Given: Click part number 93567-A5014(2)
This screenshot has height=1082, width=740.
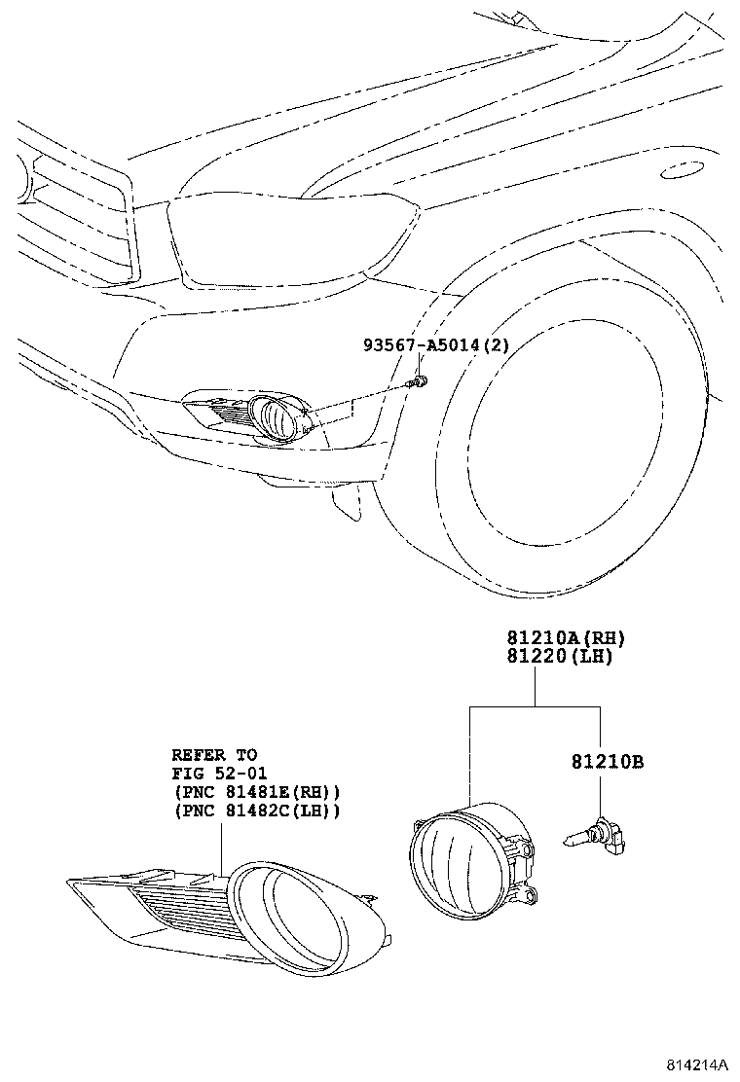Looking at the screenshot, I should [436, 345].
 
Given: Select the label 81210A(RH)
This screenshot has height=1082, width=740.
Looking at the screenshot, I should [564, 638].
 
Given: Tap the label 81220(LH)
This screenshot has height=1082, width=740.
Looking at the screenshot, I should [558, 657].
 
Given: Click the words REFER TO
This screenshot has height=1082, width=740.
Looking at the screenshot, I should [214, 754].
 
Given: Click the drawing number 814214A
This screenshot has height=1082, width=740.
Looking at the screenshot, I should [698, 1065].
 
